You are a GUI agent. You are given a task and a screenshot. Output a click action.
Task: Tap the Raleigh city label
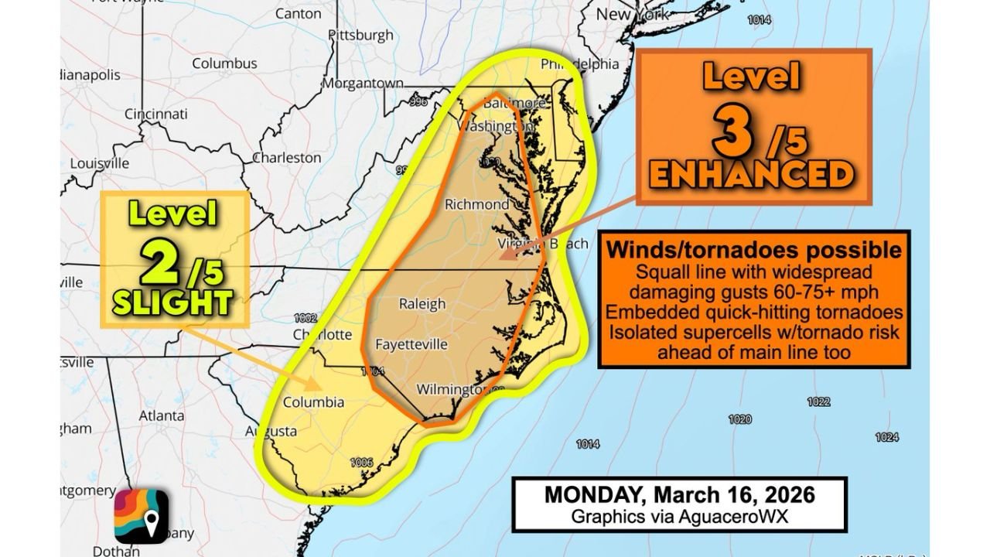pos(422,304)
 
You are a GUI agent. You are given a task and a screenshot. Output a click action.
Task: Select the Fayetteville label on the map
pos(411,343)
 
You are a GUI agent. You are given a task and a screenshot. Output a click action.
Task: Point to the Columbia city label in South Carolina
pos(313,402)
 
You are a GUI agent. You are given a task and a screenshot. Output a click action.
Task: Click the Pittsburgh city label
pos(360,35)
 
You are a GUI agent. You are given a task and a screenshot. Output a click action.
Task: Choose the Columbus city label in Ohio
pos(224,63)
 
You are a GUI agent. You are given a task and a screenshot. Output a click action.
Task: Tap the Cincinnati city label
pos(155,114)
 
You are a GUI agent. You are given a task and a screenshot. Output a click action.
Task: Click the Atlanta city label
pos(162,415)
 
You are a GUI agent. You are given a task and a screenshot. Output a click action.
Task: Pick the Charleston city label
pos(287,157)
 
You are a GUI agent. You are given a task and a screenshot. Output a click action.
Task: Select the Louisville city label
pos(99,163)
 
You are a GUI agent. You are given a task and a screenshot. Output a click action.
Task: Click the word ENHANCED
pos(751,175)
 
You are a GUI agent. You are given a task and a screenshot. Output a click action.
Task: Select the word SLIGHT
pos(172,302)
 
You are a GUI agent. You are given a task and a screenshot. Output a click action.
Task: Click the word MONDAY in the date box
pos(596,494)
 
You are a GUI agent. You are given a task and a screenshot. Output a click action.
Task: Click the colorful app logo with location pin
pos(142,516)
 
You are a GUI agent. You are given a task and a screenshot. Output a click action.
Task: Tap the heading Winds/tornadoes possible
pos(753,250)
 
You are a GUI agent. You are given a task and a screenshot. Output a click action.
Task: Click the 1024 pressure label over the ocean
pos(886,437)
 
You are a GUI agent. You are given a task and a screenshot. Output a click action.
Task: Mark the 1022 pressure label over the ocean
pos(818,402)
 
